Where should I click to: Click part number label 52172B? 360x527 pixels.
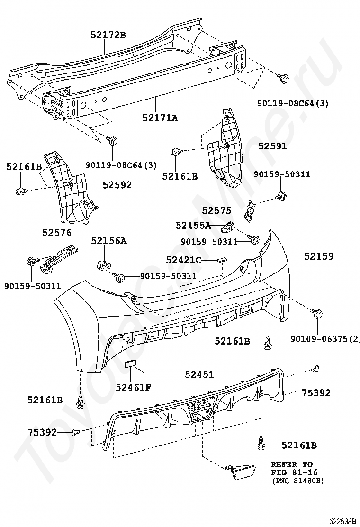[108, 35]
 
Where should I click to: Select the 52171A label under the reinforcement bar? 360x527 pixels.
[160, 118]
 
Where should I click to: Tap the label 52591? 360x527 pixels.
[273, 146]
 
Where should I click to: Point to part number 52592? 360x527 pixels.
[117, 185]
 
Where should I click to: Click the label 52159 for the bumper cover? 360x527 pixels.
[319, 256]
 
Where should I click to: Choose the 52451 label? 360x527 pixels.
[199, 374]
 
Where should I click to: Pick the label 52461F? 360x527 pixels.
[134, 388]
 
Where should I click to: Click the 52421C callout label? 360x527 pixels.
[184, 260]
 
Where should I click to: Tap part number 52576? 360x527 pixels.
[57, 232]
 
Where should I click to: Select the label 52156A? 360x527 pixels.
[109, 241]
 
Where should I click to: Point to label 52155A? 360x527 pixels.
[193, 226]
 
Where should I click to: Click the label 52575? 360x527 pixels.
[216, 211]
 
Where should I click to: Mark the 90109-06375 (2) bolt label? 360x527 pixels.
[325, 339]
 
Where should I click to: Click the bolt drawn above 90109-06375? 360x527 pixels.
[317, 313]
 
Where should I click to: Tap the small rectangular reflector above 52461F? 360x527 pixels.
[130, 364]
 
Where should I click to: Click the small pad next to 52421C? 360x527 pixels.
[222, 259]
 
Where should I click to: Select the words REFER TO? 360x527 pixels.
[292, 464]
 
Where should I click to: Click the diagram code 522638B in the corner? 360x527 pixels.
[342, 522]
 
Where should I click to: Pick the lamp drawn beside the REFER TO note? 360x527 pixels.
[242, 472]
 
